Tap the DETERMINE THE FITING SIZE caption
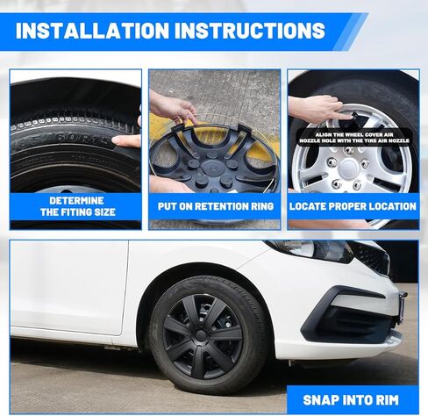75,206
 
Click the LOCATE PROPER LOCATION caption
352,206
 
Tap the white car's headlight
321,251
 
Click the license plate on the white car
402,307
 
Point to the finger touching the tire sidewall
126,140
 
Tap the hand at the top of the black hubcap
173,108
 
